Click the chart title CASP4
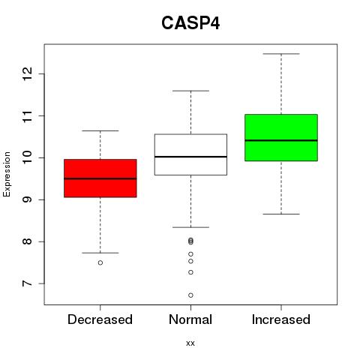tap(190, 23)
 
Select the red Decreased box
tap(100, 178)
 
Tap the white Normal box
tap(190, 154)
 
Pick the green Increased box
tap(281, 137)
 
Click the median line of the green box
tap(281, 140)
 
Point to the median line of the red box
tap(100, 178)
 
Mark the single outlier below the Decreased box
tap(100, 262)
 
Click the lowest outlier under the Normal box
tap(190, 295)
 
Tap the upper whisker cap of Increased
tap(281, 54)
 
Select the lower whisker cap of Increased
tap(281, 214)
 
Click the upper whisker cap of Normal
tap(190, 91)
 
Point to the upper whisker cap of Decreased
tap(100, 130)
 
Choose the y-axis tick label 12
tap(27, 74)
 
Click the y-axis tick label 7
tap(27, 283)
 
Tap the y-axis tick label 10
tap(27, 157)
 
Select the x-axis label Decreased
tap(100, 319)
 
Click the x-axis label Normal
tap(190, 319)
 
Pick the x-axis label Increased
tap(281, 319)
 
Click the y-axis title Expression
tap(7, 174)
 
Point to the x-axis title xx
tap(190, 343)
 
